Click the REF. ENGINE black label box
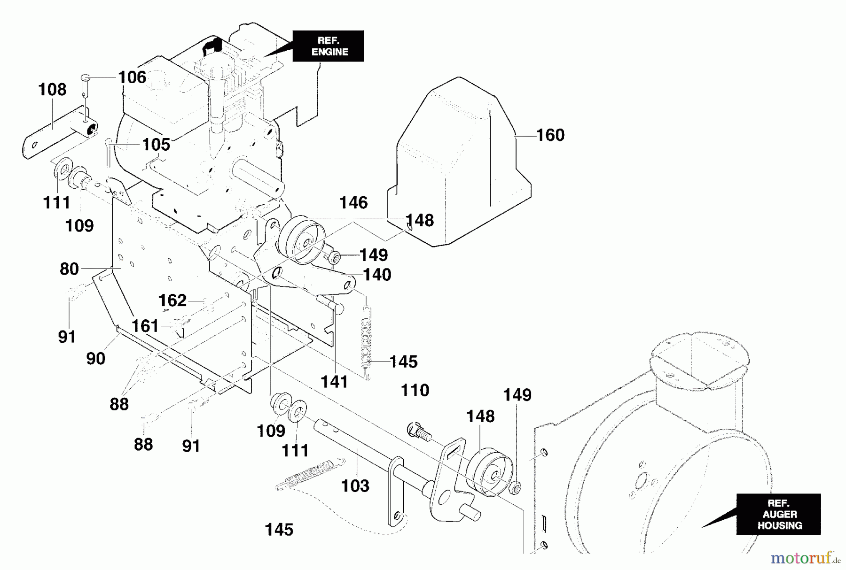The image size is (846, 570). (x=328, y=46)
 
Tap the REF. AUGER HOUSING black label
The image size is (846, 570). (x=778, y=514)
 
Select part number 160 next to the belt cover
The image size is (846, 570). (x=550, y=135)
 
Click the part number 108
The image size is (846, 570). (x=52, y=89)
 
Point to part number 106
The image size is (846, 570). (x=132, y=77)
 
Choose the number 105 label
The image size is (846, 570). (x=156, y=145)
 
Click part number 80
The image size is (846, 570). (x=69, y=269)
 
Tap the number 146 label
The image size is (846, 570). (x=353, y=203)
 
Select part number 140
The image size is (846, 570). (x=377, y=275)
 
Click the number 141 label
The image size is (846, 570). (x=334, y=382)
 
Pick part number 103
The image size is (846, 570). (x=355, y=485)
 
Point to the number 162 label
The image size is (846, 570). (x=172, y=300)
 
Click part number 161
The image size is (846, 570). (x=145, y=326)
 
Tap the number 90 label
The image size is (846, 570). (x=95, y=359)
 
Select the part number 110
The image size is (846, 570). (x=415, y=390)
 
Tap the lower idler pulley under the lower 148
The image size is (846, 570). (x=489, y=472)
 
